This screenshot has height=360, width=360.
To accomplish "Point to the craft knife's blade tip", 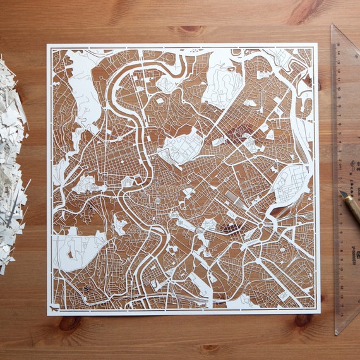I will click(x=340, y=192).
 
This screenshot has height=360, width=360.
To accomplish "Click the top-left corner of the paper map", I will click(x=47, y=44).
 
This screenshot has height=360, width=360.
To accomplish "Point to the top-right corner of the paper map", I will click(x=317, y=44).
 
